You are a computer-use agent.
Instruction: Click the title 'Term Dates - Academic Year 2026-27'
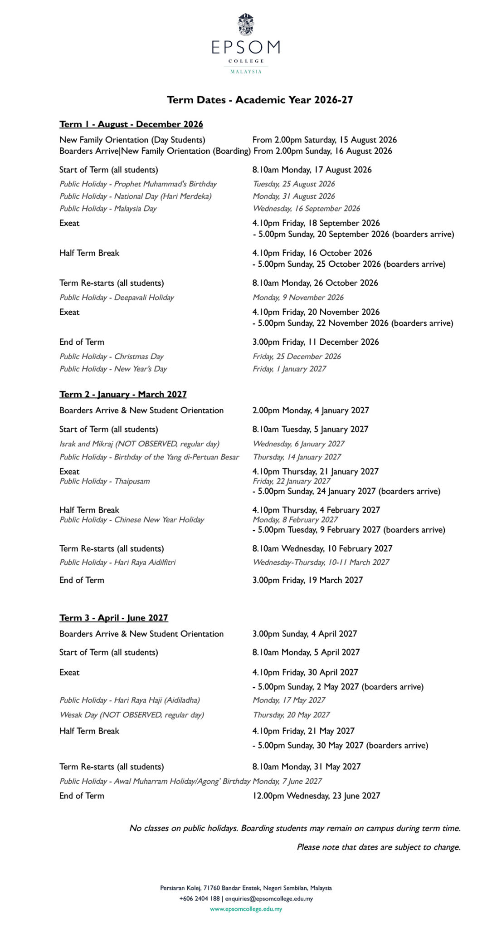coord(260,100)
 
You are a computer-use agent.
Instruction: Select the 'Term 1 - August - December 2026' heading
coord(131,124)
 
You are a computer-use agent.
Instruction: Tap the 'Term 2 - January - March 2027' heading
coord(123,394)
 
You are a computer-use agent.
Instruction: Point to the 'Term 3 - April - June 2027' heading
coord(113,617)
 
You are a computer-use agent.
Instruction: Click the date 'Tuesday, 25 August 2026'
coord(294,184)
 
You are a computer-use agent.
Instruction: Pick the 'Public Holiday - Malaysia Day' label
coord(108,208)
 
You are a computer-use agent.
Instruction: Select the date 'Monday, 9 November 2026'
coord(298,297)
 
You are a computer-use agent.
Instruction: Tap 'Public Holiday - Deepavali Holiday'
coord(117,297)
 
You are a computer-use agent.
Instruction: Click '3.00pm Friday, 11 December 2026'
coord(316,342)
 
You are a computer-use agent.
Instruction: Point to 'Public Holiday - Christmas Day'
coord(111,356)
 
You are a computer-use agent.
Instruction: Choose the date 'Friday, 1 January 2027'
coord(289,368)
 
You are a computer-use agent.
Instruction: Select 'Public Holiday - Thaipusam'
coord(104,481)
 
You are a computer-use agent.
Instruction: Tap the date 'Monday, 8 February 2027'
coord(295,519)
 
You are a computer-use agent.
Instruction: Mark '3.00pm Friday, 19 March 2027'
coord(307,580)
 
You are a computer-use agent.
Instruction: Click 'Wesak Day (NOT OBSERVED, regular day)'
coord(132,714)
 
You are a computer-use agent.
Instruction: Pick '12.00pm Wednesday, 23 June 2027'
coord(316,795)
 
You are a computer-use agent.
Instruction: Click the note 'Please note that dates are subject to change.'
coord(379,846)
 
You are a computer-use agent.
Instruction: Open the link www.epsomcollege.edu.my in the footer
coord(246,909)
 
